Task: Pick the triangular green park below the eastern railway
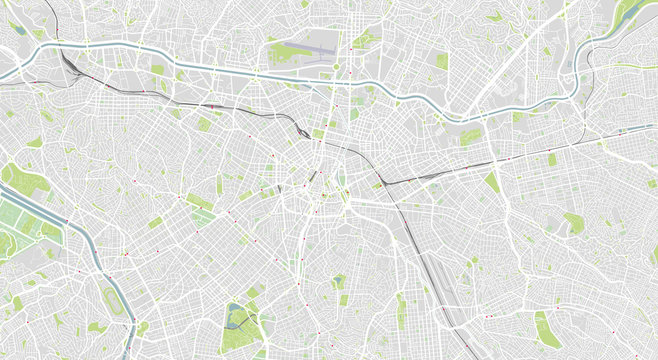pos(492,182)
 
